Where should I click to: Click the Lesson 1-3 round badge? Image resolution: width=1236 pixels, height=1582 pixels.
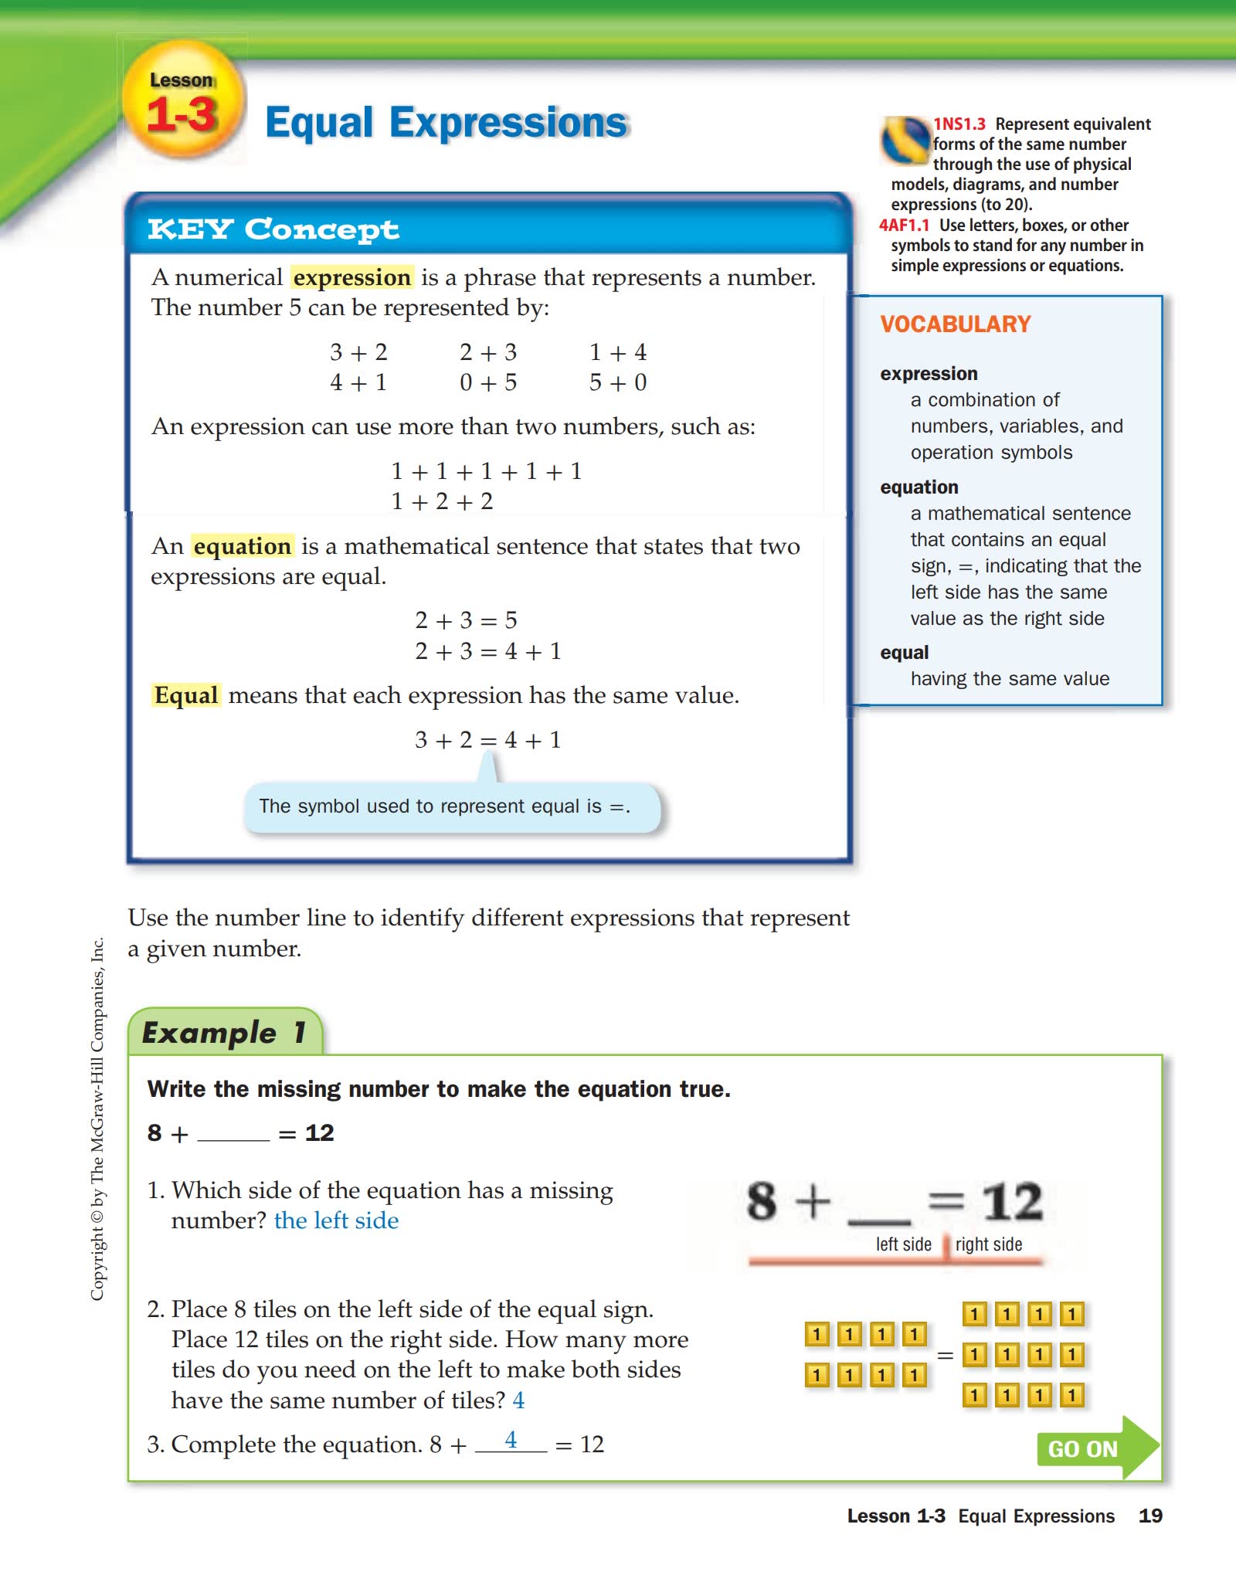tap(182, 101)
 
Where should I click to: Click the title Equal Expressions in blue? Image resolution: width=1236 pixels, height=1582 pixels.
tap(447, 123)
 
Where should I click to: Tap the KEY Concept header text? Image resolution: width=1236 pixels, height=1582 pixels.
tap(273, 229)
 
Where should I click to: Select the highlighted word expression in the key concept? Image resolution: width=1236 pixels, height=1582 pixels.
tap(352, 277)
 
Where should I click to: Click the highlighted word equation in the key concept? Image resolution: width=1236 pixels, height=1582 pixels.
tap(243, 546)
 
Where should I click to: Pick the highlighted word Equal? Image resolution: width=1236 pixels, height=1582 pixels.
tap(186, 695)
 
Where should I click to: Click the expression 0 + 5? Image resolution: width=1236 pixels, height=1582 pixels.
tap(487, 382)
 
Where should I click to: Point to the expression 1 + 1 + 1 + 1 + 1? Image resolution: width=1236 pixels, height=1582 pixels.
tap(486, 471)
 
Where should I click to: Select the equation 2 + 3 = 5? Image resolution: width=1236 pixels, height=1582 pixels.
tap(466, 620)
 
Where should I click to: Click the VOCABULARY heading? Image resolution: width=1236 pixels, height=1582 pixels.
tap(956, 324)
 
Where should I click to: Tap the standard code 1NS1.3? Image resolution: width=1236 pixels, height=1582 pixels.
tap(959, 124)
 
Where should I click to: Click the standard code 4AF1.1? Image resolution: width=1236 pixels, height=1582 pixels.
tap(904, 226)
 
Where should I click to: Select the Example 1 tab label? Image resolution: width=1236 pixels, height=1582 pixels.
tap(224, 1033)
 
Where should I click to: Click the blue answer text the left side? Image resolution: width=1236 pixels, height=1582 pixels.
tap(336, 1220)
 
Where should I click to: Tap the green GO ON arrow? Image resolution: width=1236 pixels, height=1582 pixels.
tap(1095, 1448)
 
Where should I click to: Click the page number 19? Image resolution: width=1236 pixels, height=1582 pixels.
tap(1150, 1516)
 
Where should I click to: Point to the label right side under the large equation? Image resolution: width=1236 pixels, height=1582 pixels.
tap(988, 1244)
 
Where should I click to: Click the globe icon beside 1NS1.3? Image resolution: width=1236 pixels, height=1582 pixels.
tap(905, 140)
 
